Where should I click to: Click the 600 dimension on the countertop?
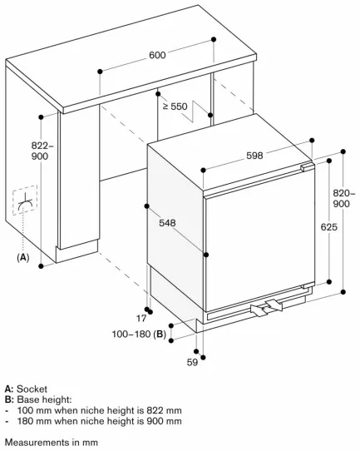click(157, 55)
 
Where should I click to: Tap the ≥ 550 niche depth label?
click(175, 107)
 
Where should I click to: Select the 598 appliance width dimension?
click(254, 156)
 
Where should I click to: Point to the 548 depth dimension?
click(167, 223)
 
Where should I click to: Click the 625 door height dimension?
click(329, 227)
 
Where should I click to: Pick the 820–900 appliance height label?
click(343, 198)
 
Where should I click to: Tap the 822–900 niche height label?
click(42, 151)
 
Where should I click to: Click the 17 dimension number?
click(141, 319)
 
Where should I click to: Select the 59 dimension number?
click(192, 362)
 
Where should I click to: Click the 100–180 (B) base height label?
click(139, 335)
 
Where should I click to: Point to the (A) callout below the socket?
click(23, 257)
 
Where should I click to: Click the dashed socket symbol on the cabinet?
click(25, 201)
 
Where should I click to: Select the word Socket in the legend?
click(32, 389)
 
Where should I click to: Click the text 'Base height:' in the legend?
click(45, 399)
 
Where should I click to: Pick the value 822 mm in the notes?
click(164, 410)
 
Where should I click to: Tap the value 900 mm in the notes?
click(164, 421)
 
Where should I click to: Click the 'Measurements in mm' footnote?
click(52, 442)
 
